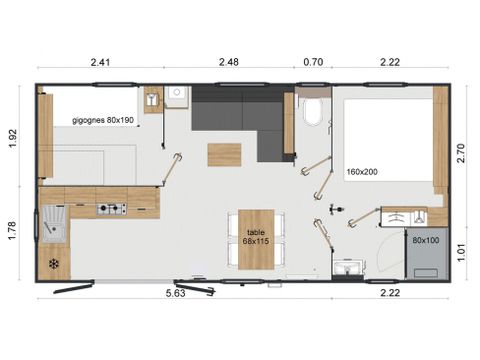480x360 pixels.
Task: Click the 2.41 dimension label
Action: point(99,63)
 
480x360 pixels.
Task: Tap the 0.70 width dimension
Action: point(313,63)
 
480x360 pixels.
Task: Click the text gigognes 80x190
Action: point(103,120)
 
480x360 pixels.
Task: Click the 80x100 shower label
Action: point(424,240)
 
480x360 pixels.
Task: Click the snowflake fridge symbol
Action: point(53,264)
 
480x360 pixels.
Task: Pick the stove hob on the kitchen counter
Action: point(110,209)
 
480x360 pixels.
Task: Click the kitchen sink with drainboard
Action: point(52,226)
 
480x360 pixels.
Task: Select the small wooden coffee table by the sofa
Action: point(224,155)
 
